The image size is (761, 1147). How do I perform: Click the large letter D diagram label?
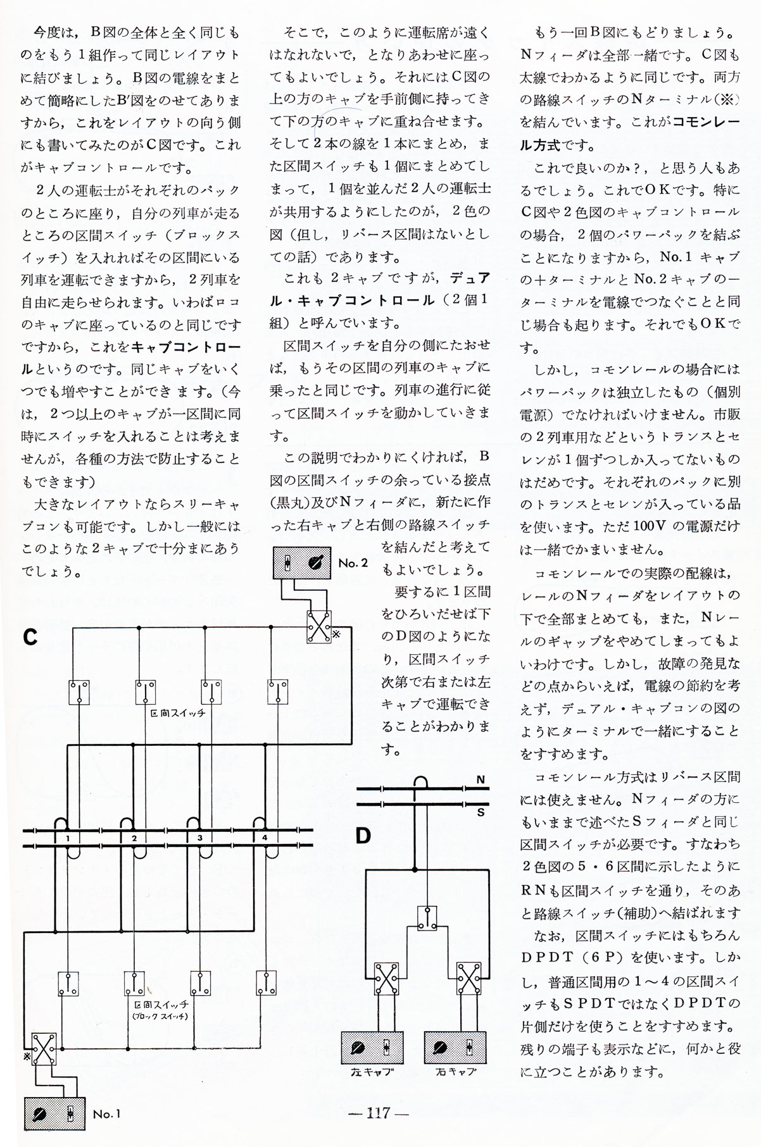pos(363,836)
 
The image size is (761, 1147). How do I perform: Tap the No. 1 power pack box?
pos(54,1113)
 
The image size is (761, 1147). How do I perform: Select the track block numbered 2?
pos(134,838)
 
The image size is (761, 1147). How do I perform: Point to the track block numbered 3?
pos(199,838)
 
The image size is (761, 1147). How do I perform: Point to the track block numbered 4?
pos(265,838)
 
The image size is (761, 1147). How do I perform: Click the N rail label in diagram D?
pos(480,780)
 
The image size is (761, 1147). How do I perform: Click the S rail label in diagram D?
pos(480,811)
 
